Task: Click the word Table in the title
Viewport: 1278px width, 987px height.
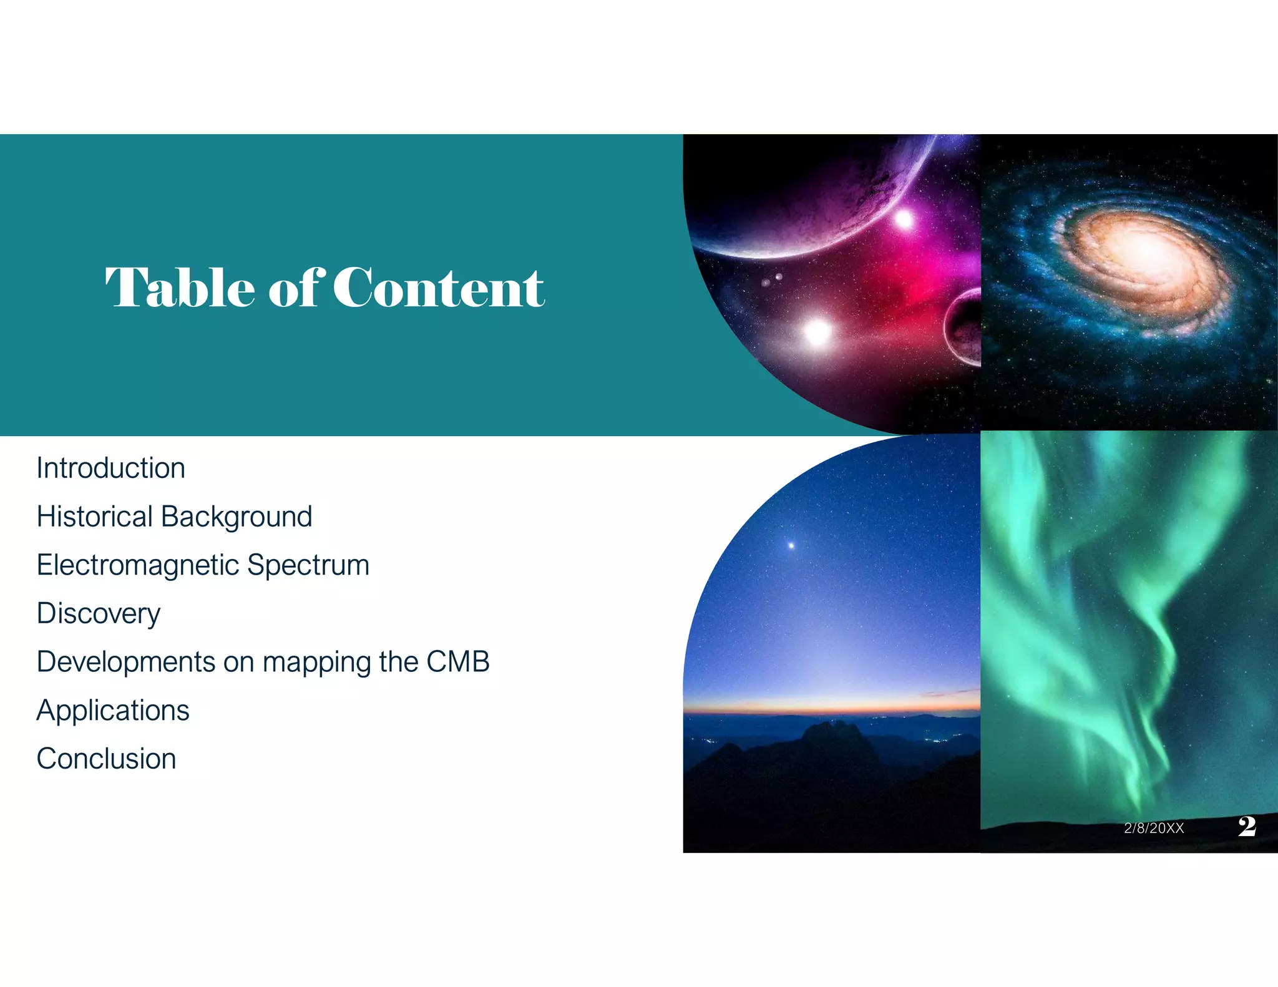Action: point(180,288)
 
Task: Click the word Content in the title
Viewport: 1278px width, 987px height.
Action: point(439,288)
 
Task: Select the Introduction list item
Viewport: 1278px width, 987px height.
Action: point(111,468)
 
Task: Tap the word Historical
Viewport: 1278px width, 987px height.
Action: point(94,517)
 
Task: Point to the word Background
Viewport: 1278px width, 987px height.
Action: point(237,517)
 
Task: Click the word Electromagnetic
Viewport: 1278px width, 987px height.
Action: point(138,565)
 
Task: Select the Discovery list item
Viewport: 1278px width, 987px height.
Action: point(99,614)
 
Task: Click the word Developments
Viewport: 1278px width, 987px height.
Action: point(125,662)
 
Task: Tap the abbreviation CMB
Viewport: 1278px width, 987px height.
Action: point(458,662)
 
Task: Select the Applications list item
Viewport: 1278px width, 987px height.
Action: point(113,711)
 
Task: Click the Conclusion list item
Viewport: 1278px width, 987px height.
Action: point(107,759)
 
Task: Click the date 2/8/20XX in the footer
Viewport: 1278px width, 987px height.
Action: point(1154,828)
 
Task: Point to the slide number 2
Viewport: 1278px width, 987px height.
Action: point(1247,826)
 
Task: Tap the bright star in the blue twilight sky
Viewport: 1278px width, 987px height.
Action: point(791,545)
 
